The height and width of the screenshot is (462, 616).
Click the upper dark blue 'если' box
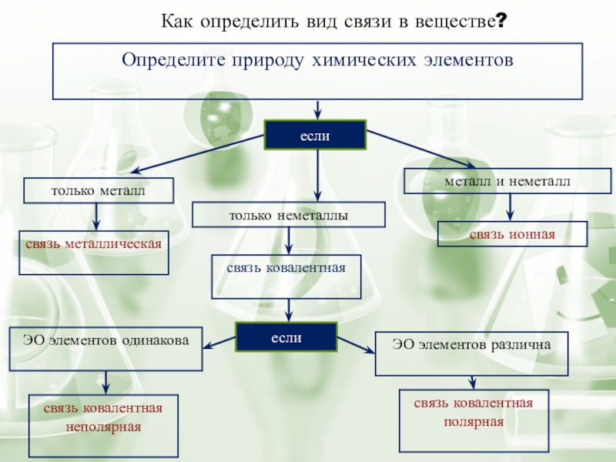coord(315,135)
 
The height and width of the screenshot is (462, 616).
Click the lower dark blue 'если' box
coord(286,337)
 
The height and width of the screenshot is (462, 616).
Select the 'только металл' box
coord(98,190)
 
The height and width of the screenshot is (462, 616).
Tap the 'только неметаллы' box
coord(288,216)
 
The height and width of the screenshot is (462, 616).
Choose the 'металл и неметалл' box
coord(507,181)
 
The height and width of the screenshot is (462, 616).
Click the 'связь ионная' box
coord(512,234)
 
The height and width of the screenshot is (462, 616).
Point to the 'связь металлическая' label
coord(93,244)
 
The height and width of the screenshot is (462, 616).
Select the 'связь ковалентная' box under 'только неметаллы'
coord(286,267)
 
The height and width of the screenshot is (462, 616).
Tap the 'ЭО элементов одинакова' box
coord(105,340)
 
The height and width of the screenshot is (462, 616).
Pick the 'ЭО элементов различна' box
coord(471,346)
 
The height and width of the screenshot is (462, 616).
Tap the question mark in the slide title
coord(501,23)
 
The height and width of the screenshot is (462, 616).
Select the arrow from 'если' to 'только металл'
coord(199,157)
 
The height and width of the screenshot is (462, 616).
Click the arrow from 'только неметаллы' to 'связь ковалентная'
coord(288,240)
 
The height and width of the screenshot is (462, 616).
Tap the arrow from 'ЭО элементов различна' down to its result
coord(473,383)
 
